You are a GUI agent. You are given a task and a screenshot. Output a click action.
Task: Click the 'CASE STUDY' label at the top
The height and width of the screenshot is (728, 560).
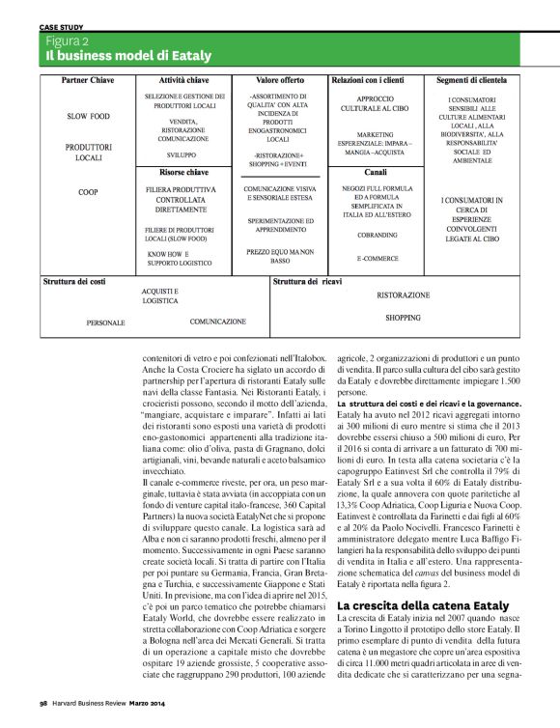[x=60, y=27]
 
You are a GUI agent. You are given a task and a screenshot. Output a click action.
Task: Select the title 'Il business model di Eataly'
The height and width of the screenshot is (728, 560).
[x=128, y=57]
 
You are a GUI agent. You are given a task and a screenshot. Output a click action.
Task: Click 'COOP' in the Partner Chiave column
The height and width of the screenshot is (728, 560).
[x=88, y=192]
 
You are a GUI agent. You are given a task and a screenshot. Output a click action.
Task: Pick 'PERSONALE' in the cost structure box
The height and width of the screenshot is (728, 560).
[x=106, y=322]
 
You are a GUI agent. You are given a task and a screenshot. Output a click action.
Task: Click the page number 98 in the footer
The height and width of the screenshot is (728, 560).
[x=44, y=705]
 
